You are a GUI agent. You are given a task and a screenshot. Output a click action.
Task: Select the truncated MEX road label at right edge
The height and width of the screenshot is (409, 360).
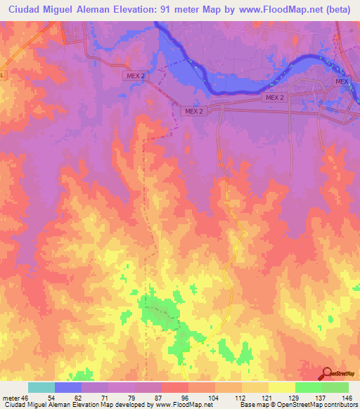tap(342, 82)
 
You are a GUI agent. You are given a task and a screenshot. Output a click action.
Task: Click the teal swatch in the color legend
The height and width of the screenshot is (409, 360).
tap(41, 387)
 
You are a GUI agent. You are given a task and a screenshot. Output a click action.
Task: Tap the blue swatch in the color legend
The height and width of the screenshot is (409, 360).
tap(68, 387)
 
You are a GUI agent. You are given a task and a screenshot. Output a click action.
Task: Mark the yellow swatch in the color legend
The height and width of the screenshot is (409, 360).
tap(281, 387)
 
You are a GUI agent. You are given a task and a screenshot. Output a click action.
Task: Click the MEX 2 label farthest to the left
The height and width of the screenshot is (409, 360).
tap(137, 77)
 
